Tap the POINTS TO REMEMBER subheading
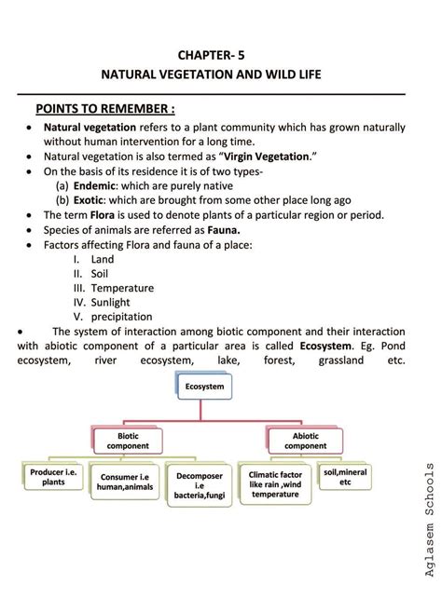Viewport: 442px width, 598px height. [105, 107]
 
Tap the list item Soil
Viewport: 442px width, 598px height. [100, 274]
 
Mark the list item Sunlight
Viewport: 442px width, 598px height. [111, 303]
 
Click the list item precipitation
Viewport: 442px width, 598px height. [121, 317]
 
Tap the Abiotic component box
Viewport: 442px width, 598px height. [306, 440]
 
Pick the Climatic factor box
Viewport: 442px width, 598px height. [275, 483]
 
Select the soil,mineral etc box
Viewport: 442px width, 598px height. [345, 477]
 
